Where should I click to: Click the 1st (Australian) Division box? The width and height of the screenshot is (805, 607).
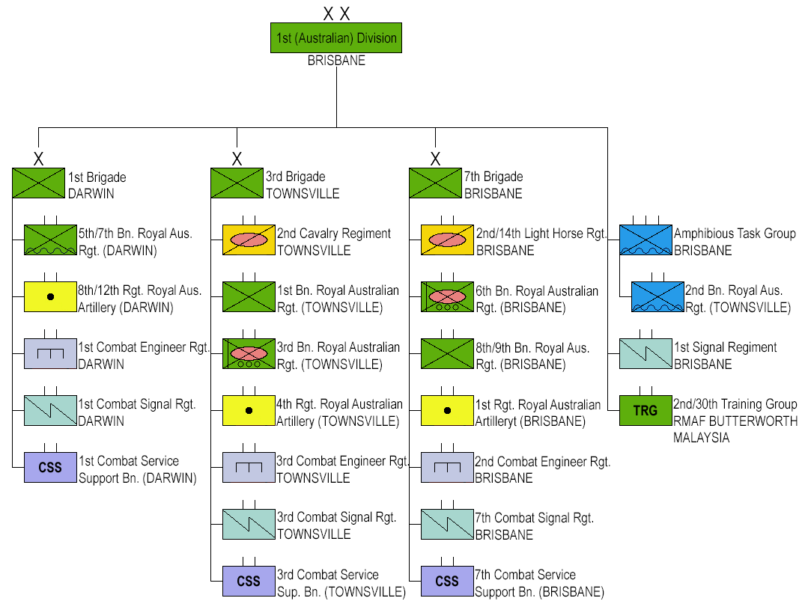point(336,37)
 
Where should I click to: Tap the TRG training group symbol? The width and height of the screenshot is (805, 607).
point(645,411)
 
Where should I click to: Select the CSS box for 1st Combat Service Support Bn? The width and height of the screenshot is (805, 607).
point(50,468)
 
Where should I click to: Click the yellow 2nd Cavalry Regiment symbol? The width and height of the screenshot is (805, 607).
point(249,240)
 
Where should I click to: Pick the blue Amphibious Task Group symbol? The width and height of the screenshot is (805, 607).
point(645,240)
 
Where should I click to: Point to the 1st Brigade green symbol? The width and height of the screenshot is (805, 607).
point(38,183)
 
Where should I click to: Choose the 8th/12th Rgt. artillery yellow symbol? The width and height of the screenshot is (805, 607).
point(50,296)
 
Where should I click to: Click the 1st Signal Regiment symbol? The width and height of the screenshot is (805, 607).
point(645,353)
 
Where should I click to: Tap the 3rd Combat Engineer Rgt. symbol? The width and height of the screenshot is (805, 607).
point(249,467)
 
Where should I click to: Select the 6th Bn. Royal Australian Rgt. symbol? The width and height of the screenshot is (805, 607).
point(447,296)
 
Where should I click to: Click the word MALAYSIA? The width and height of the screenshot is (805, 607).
point(701,438)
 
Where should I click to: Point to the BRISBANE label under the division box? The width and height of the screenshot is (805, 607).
point(336,61)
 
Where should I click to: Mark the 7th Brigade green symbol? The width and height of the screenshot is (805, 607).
point(435,183)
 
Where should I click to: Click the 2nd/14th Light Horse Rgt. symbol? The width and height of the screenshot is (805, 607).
point(447,240)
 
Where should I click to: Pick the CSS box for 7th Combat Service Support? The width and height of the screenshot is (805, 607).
point(447,581)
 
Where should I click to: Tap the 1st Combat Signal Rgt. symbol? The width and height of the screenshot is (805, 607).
point(50,410)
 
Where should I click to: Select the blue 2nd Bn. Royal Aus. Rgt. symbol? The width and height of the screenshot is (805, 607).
point(657,296)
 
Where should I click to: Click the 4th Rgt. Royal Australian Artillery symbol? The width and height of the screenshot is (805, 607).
point(249,410)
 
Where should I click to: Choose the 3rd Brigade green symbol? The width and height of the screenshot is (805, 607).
point(237,183)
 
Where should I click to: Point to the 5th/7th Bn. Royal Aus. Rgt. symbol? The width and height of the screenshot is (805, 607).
point(50,240)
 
